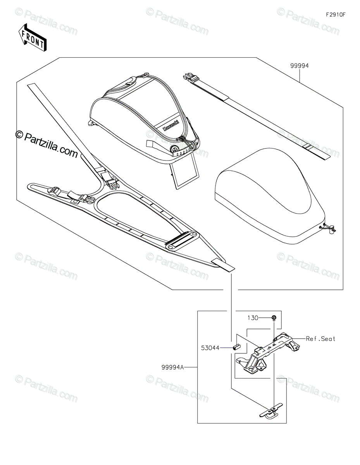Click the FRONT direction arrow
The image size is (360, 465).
(x=33, y=37)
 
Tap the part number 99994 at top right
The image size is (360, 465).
(x=299, y=66)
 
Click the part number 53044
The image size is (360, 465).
(x=210, y=348)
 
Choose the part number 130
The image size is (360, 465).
(x=253, y=318)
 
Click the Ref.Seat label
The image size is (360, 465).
(x=320, y=339)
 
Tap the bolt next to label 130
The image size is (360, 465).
(x=274, y=319)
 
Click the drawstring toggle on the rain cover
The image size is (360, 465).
(x=329, y=230)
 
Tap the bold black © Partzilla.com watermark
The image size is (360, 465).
(x=47, y=143)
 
